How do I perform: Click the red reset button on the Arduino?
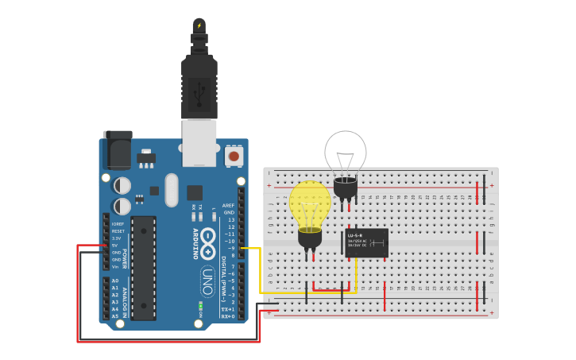[x=234, y=157]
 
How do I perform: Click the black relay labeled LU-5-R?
[x=366, y=243]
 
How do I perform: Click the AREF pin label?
[x=229, y=205]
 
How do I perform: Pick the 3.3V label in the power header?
[x=116, y=238]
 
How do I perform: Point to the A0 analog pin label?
[x=115, y=281]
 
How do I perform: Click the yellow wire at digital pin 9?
[x=249, y=249]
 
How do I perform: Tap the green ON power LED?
[x=200, y=305]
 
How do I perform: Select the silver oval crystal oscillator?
[x=172, y=190]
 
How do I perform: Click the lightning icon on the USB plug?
[x=199, y=25]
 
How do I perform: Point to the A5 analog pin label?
[x=115, y=316]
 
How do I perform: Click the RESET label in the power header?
[x=117, y=230]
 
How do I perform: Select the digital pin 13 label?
[x=230, y=219]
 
